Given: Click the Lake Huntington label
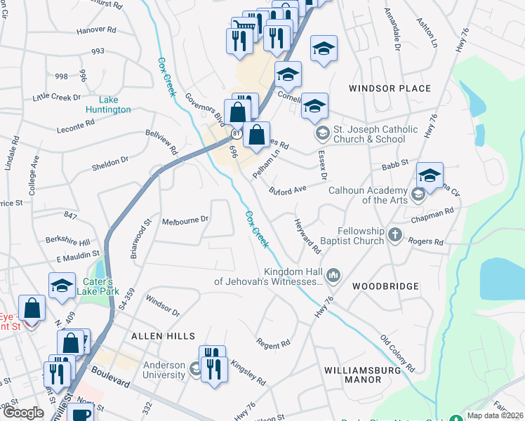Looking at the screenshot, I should tap(108, 105).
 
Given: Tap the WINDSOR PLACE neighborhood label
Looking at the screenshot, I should tap(390, 88).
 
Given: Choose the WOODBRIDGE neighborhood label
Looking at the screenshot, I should tap(385, 286).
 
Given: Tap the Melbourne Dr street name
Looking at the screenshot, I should tap(185, 220).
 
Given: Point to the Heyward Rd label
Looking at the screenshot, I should tap(307, 236).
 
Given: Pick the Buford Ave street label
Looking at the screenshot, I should tap(288, 190).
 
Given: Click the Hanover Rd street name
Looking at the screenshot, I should tap(96, 30).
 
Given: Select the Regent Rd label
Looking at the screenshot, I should tap(274, 344).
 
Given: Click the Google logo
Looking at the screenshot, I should tap(23, 413).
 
